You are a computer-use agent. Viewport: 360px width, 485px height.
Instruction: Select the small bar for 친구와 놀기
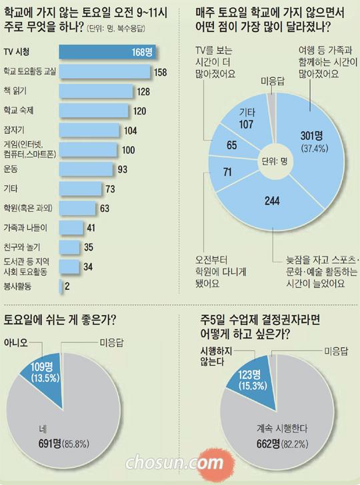(x=66, y=248)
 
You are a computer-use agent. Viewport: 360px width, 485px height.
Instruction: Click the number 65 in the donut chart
(x=231, y=145)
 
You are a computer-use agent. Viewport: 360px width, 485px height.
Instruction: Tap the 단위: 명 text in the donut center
(x=275, y=160)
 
